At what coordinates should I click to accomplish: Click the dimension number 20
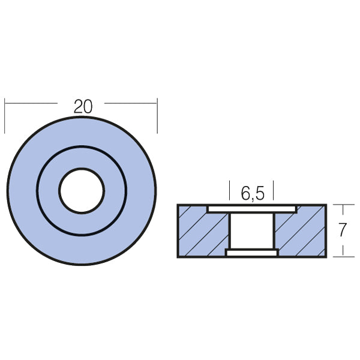(83, 107)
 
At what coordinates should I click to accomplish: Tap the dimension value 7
(343, 230)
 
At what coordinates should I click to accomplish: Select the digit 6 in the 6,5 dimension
(245, 193)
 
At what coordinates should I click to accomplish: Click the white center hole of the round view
(82, 191)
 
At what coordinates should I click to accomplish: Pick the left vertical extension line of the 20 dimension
(5, 117)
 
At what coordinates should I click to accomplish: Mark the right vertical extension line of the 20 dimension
(157, 117)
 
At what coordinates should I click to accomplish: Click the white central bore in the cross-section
(252, 231)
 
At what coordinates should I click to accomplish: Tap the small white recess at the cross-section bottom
(252, 253)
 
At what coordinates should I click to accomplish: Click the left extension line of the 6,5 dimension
(230, 190)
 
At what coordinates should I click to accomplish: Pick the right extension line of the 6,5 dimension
(274, 190)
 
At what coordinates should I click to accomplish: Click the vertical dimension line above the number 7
(343, 214)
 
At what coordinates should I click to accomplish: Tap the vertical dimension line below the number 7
(343, 248)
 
